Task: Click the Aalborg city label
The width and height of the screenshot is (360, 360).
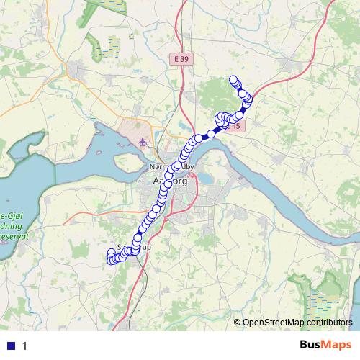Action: coord(170,181)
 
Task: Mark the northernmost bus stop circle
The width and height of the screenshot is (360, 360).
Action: coord(233,80)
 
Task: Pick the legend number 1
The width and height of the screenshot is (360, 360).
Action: coord(24,346)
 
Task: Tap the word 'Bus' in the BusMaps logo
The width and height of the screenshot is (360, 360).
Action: coord(312,345)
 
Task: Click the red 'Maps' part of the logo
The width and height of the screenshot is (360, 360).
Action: coord(338,345)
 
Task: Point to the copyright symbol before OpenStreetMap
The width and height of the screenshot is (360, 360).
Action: coord(238,323)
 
